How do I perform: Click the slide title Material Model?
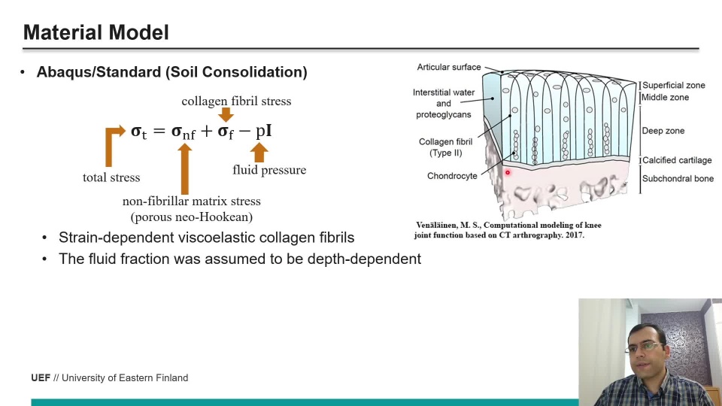pyautogui.click(x=96, y=32)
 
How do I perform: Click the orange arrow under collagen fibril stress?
pyautogui.click(x=226, y=114)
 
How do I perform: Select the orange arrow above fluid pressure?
pyautogui.click(x=259, y=153)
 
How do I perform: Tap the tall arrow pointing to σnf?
pyautogui.click(x=185, y=169)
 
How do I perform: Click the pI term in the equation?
pyautogui.click(x=263, y=131)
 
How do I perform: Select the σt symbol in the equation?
pyautogui.click(x=138, y=132)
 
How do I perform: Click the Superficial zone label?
pyautogui.click(x=674, y=85)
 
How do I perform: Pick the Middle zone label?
pyautogui.click(x=665, y=97)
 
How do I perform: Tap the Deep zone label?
pyautogui.click(x=663, y=131)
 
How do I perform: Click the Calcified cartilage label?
pyautogui.click(x=677, y=160)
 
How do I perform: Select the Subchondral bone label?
pyautogui.click(x=678, y=179)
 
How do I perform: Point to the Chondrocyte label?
pyautogui.click(x=452, y=176)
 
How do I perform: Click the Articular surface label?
pyautogui.click(x=449, y=67)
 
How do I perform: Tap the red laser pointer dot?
pyautogui.click(x=508, y=173)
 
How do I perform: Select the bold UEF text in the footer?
pyautogui.click(x=41, y=378)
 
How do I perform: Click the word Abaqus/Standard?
pyautogui.click(x=99, y=72)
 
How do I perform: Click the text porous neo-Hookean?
pyautogui.click(x=192, y=217)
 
